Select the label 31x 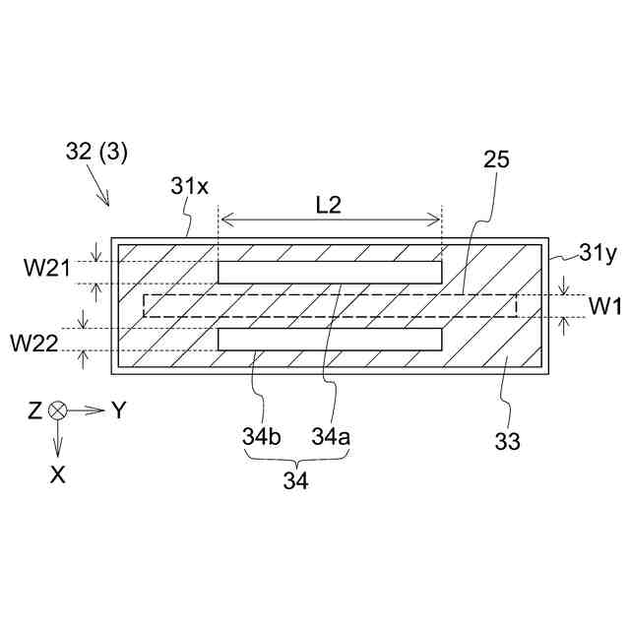pos(189,186)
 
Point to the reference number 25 pos(495,161)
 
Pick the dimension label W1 pos(604,306)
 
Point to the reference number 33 pos(509,439)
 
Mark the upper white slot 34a pos(330,271)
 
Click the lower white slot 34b pos(330,340)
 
